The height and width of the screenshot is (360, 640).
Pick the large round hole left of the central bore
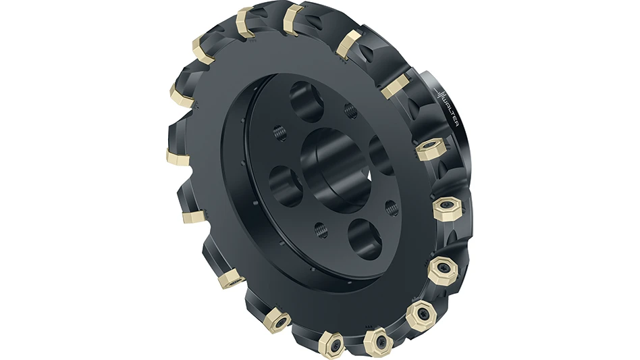click(x=288, y=181)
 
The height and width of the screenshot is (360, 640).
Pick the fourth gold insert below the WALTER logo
click(x=422, y=315)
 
